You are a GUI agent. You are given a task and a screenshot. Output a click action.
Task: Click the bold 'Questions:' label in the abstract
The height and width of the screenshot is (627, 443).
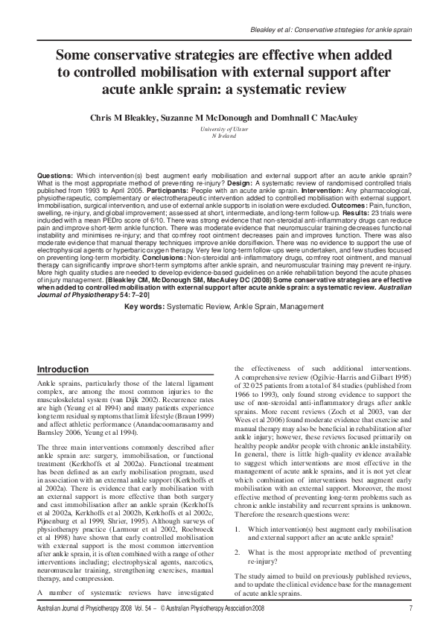[54, 174]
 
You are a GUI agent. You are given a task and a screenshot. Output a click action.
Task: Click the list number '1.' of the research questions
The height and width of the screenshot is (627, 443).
[238, 529]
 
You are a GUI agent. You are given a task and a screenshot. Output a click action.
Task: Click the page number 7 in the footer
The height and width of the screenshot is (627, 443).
[410, 610]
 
